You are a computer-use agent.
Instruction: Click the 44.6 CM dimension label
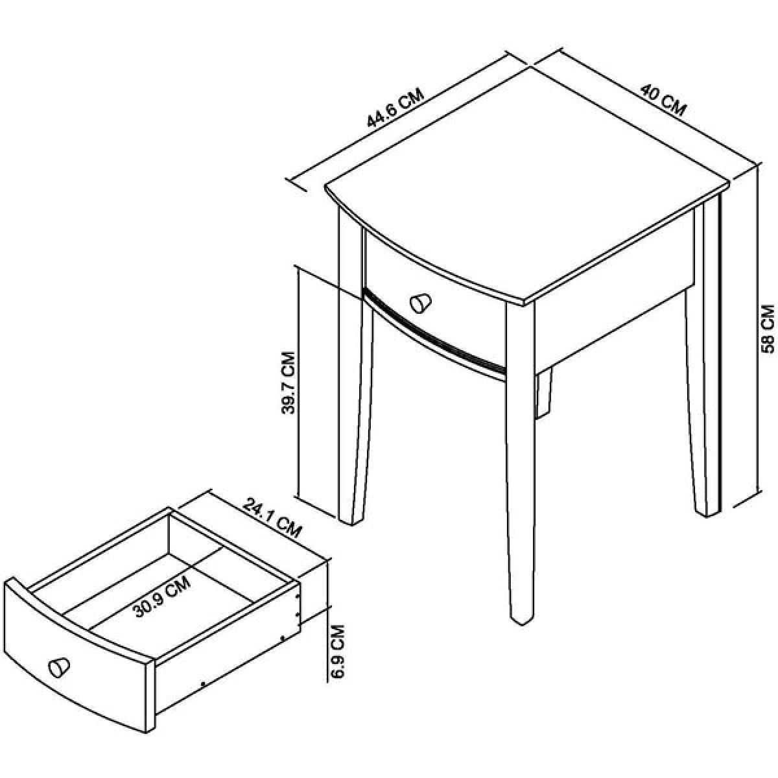[x=395, y=108]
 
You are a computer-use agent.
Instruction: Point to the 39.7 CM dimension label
[x=289, y=383]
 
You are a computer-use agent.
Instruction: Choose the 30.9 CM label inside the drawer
[x=162, y=602]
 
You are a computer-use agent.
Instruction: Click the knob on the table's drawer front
[x=421, y=303]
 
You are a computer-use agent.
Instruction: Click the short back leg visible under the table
[x=543, y=394]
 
